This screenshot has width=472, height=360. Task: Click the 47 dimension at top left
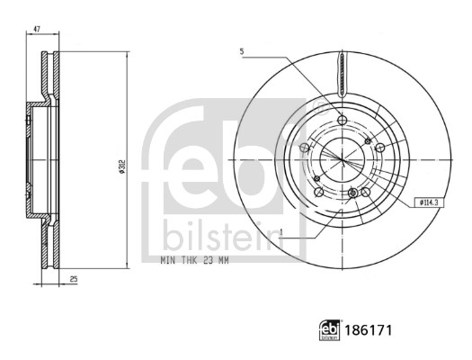pos(37,30)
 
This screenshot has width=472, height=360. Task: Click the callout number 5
pos(242,50)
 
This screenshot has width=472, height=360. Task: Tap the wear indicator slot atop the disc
pos(341,75)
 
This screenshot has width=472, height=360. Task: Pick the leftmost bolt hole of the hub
pos(305,148)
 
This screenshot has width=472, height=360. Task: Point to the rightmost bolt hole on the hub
pos(379,148)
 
